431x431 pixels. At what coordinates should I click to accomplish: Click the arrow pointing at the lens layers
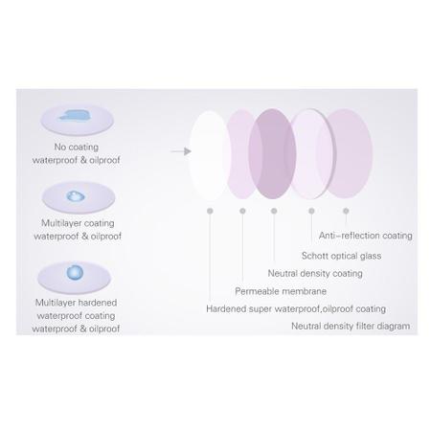[x=181, y=151]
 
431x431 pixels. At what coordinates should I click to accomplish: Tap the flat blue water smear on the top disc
[x=75, y=116]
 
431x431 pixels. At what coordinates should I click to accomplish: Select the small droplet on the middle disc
[x=76, y=196]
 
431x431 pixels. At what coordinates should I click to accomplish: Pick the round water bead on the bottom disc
[x=75, y=273]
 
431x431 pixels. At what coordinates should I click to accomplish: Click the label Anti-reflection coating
[x=366, y=236]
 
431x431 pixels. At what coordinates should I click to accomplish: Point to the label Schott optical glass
[x=341, y=256]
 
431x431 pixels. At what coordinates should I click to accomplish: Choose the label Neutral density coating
[x=315, y=274]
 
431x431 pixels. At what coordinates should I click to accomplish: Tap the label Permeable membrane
[x=281, y=291]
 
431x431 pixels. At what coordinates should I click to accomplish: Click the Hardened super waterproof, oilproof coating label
[x=296, y=309]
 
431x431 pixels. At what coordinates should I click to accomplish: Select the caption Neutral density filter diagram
[x=351, y=327]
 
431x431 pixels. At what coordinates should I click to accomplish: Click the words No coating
[x=77, y=147]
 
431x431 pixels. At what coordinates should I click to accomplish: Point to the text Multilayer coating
[x=78, y=223]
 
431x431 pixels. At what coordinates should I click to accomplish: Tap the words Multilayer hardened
[x=76, y=303]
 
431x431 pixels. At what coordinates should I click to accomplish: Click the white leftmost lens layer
[x=210, y=155]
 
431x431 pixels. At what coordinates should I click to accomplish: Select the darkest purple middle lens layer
[x=272, y=153]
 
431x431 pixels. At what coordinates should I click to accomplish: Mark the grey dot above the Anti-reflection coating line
[x=346, y=211]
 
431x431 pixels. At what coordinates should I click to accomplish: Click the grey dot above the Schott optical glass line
[x=311, y=211]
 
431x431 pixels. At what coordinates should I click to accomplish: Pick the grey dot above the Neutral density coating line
[x=274, y=211]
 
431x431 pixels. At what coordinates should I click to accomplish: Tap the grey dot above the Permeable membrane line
[x=242, y=211]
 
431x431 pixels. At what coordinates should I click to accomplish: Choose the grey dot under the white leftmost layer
[x=210, y=211]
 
